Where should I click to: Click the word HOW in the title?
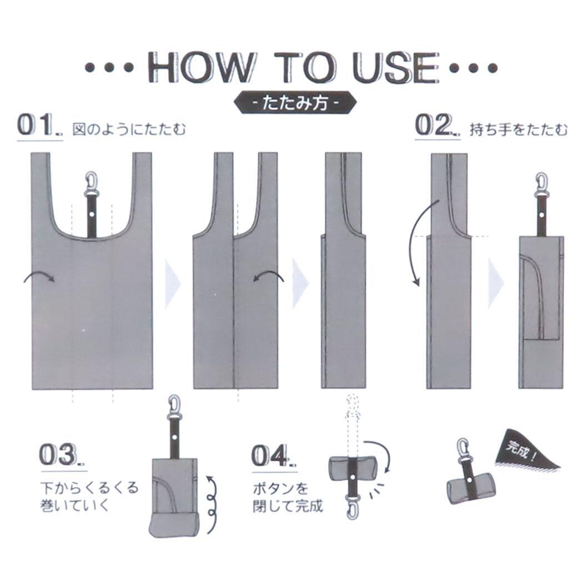pyautogui.click(x=201, y=68)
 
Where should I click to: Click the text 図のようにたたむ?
pyautogui.click(x=129, y=130)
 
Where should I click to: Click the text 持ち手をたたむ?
pyautogui.click(x=519, y=130)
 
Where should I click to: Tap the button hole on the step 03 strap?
pyautogui.click(x=174, y=436)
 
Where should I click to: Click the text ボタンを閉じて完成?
pyautogui.click(x=288, y=497)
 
